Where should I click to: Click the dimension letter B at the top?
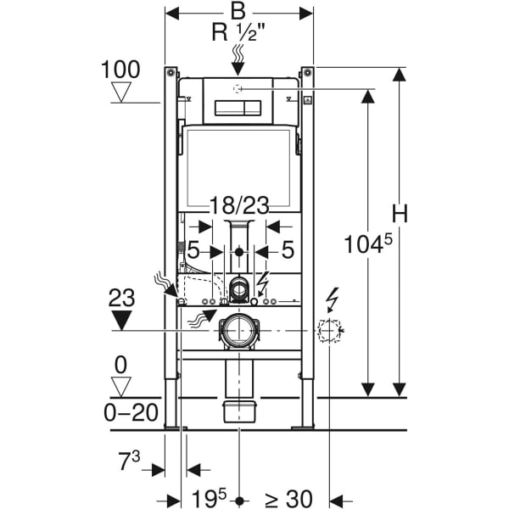click(238, 11)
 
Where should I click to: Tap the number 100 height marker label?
click(120, 70)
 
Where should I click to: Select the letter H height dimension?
click(400, 214)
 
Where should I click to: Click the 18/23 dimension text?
click(239, 205)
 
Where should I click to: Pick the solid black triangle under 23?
click(121, 321)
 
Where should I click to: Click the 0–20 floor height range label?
click(131, 412)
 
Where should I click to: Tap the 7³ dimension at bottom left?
click(129, 461)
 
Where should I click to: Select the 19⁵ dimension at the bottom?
click(209, 497)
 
